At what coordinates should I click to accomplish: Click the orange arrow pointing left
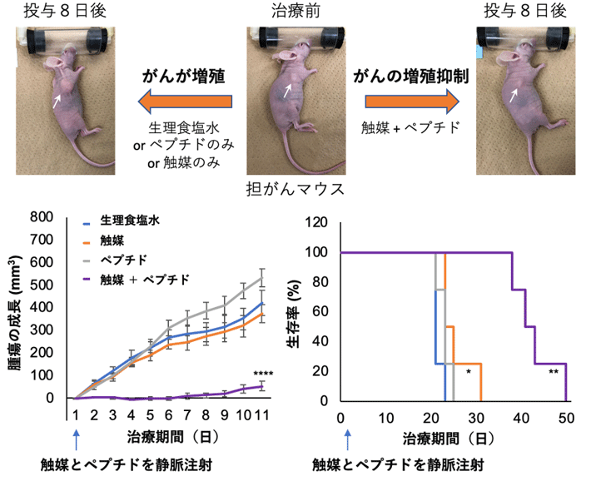(x=182, y=102)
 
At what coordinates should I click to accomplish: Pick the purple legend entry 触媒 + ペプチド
(x=145, y=280)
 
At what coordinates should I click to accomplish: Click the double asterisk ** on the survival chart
(x=554, y=372)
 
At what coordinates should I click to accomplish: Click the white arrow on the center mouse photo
(x=286, y=91)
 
